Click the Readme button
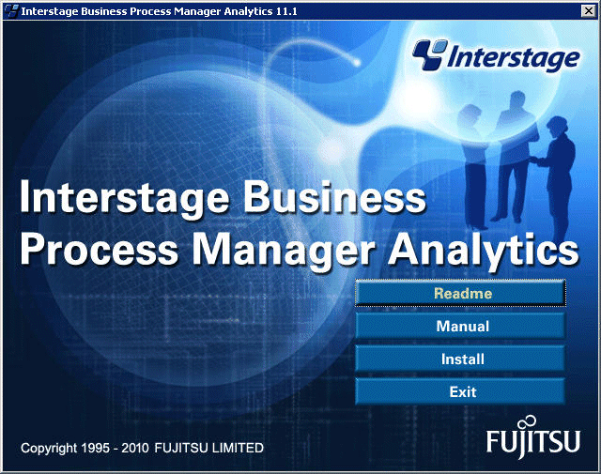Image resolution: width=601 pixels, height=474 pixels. pos(460,293)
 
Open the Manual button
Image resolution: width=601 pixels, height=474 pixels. pos(460,326)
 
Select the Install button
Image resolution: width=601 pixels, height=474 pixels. pos(460,359)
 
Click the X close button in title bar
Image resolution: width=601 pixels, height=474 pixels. pos(588,10)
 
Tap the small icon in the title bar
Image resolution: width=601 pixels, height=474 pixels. pos(11,11)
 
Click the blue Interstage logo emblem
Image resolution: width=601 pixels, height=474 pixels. pos(430,54)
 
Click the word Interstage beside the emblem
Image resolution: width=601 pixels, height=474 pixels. pos(514,58)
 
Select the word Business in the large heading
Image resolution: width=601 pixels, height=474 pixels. pos(334,198)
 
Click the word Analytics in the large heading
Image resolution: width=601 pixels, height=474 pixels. pos(484,250)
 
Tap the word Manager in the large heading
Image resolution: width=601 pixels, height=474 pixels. pos(284,251)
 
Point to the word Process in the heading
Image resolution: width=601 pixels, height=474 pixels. pos(100,250)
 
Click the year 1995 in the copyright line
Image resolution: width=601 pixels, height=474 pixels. pos(94,448)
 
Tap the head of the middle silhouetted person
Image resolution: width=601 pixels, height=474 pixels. pos(517,100)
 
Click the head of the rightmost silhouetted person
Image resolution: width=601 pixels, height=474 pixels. pos(558,126)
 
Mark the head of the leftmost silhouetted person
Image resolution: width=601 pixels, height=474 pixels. pos(470,114)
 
